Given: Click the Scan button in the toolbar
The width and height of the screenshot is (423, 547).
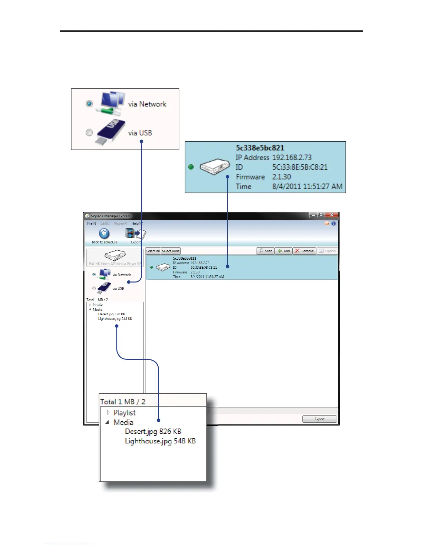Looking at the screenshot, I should point(266,251).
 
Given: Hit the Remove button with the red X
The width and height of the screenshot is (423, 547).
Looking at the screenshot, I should point(304,251).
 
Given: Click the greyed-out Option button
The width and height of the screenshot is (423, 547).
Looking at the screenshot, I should point(327,251).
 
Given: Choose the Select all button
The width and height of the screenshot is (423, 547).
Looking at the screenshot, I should point(153,251).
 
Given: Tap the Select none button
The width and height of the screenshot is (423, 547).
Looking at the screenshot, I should point(171,251).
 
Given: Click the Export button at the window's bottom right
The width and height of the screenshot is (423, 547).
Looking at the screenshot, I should point(319,419).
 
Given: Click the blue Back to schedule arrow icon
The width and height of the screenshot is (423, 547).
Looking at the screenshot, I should point(104,234).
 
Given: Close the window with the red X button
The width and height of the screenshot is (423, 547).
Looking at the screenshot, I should point(331,215).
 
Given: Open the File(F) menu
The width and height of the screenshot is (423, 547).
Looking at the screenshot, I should point(92,223).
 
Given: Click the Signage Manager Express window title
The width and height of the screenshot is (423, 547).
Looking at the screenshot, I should point(111,216).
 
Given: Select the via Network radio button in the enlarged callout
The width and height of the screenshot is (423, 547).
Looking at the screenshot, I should point(90,104).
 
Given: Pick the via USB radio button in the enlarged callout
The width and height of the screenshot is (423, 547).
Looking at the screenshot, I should point(90,132).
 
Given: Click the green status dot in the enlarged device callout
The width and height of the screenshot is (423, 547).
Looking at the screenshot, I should point(191,167).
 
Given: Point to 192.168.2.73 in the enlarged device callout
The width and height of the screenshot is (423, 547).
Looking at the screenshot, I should point(292,157).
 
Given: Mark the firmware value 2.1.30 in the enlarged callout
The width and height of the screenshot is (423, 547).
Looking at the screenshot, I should point(281,177).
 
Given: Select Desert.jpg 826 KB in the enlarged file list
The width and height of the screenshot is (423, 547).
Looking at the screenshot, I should point(153,431).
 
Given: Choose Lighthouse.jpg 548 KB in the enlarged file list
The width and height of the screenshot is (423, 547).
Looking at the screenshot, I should point(160,441).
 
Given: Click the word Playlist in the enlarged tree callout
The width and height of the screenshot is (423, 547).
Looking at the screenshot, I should point(124,413).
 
